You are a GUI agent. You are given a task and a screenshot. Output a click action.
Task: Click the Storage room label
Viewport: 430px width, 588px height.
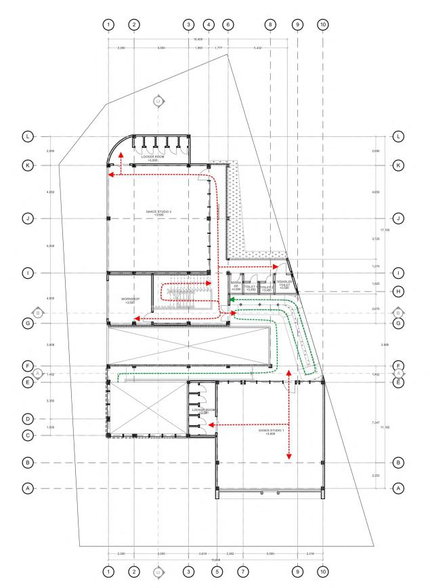click(236, 286)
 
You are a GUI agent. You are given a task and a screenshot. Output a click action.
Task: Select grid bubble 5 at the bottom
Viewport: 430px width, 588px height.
click(217, 572)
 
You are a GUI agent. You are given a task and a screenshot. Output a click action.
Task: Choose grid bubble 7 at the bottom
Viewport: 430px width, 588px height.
click(243, 572)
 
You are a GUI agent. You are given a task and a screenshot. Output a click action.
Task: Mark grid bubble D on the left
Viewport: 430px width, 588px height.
click(28, 419)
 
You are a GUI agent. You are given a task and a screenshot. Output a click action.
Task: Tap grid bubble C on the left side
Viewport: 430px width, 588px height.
click(28, 435)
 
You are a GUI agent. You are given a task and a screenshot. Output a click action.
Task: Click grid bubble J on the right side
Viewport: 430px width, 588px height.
click(399, 218)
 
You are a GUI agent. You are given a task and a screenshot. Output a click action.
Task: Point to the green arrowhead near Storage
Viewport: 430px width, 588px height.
click(231, 298)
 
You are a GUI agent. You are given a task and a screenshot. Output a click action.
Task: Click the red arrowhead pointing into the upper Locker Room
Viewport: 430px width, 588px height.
click(121, 155)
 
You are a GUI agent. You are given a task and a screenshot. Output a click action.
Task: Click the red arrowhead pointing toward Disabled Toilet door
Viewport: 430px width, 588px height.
click(276, 267)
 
